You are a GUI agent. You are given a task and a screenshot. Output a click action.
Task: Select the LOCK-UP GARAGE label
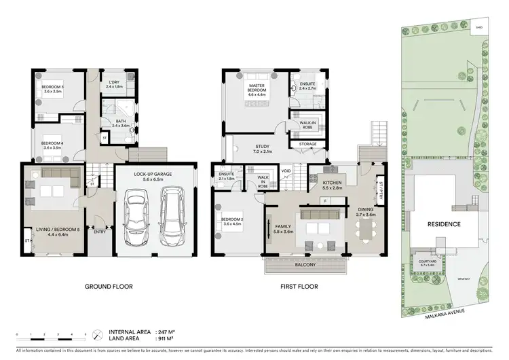[151, 175]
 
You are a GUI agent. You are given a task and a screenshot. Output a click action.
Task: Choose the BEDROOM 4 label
[52, 144]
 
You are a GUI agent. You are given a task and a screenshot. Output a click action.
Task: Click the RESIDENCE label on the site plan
[445, 224]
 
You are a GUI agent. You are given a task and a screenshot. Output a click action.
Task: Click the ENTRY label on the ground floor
[98, 232]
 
